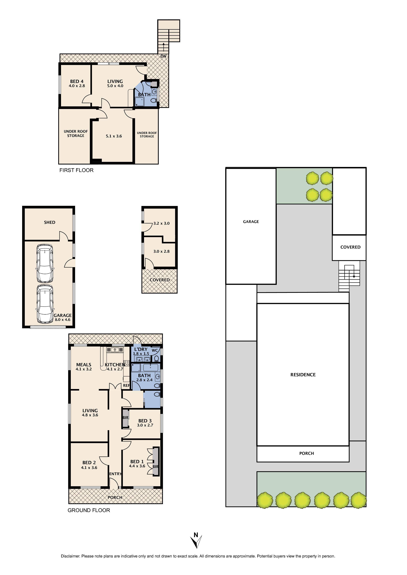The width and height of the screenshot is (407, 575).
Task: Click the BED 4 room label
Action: click(77, 81)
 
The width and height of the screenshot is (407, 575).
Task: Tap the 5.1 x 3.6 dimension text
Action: click(114, 136)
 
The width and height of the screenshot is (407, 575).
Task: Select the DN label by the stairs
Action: click(163, 56)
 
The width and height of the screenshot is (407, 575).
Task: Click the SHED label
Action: click(50, 222)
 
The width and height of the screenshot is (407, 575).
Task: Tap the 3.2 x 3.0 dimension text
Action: click(161, 223)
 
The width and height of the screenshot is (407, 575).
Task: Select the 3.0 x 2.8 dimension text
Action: click(161, 252)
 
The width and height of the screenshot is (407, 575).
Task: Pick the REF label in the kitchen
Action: click(126, 386)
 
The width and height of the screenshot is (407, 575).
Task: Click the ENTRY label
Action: click(115, 474)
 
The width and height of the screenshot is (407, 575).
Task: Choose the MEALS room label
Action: click(84, 365)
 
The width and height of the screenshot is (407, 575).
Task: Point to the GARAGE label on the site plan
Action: click(251, 222)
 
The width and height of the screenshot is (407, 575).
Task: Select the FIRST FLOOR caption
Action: click(76, 170)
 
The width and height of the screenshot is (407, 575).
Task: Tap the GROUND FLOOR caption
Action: click(89, 510)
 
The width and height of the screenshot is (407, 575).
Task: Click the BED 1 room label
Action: click(137, 462)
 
